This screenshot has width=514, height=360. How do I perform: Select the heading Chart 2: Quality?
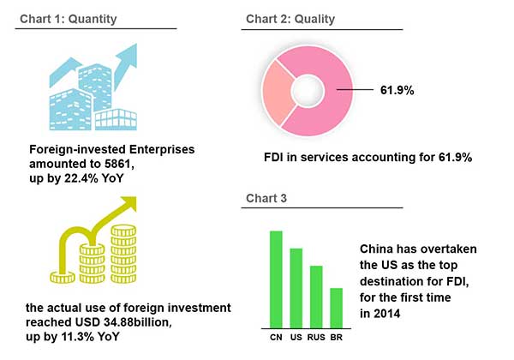(290, 18)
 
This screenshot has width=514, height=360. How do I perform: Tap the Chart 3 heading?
(265, 198)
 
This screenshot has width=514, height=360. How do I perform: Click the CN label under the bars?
(276, 337)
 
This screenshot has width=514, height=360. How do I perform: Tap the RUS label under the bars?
(316, 337)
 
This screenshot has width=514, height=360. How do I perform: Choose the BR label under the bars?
(336, 337)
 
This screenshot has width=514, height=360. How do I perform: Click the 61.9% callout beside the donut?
(397, 88)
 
